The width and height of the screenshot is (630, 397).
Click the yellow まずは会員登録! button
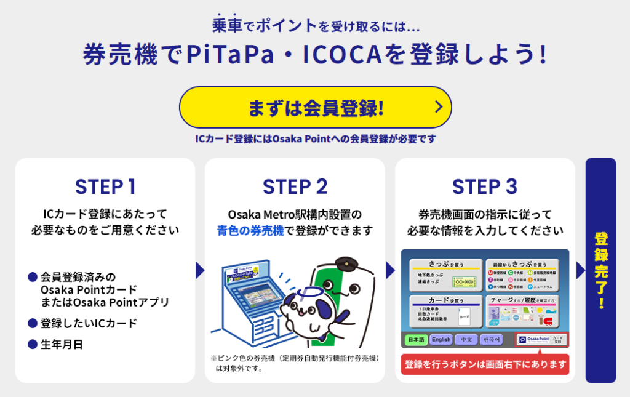tap(315, 108)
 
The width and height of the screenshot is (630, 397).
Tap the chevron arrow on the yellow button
tap(438, 107)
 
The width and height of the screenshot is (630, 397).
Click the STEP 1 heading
tap(105, 186)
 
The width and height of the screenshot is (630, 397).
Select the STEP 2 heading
tap(295, 186)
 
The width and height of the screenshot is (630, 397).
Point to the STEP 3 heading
tap(485, 186)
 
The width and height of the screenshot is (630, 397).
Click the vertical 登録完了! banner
tap(600, 270)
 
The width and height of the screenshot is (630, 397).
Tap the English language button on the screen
tap(441, 339)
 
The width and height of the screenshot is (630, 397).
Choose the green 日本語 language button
tap(415, 339)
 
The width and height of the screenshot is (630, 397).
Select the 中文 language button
tap(466, 339)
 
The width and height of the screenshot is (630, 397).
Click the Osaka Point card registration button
tap(541, 339)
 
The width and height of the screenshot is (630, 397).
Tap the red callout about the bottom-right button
tap(485, 364)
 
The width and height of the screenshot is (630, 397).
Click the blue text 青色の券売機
tap(250, 231)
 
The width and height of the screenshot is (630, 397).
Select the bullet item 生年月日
tap(62, 344)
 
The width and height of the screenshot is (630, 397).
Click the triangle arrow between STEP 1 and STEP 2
tap(199, 270)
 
